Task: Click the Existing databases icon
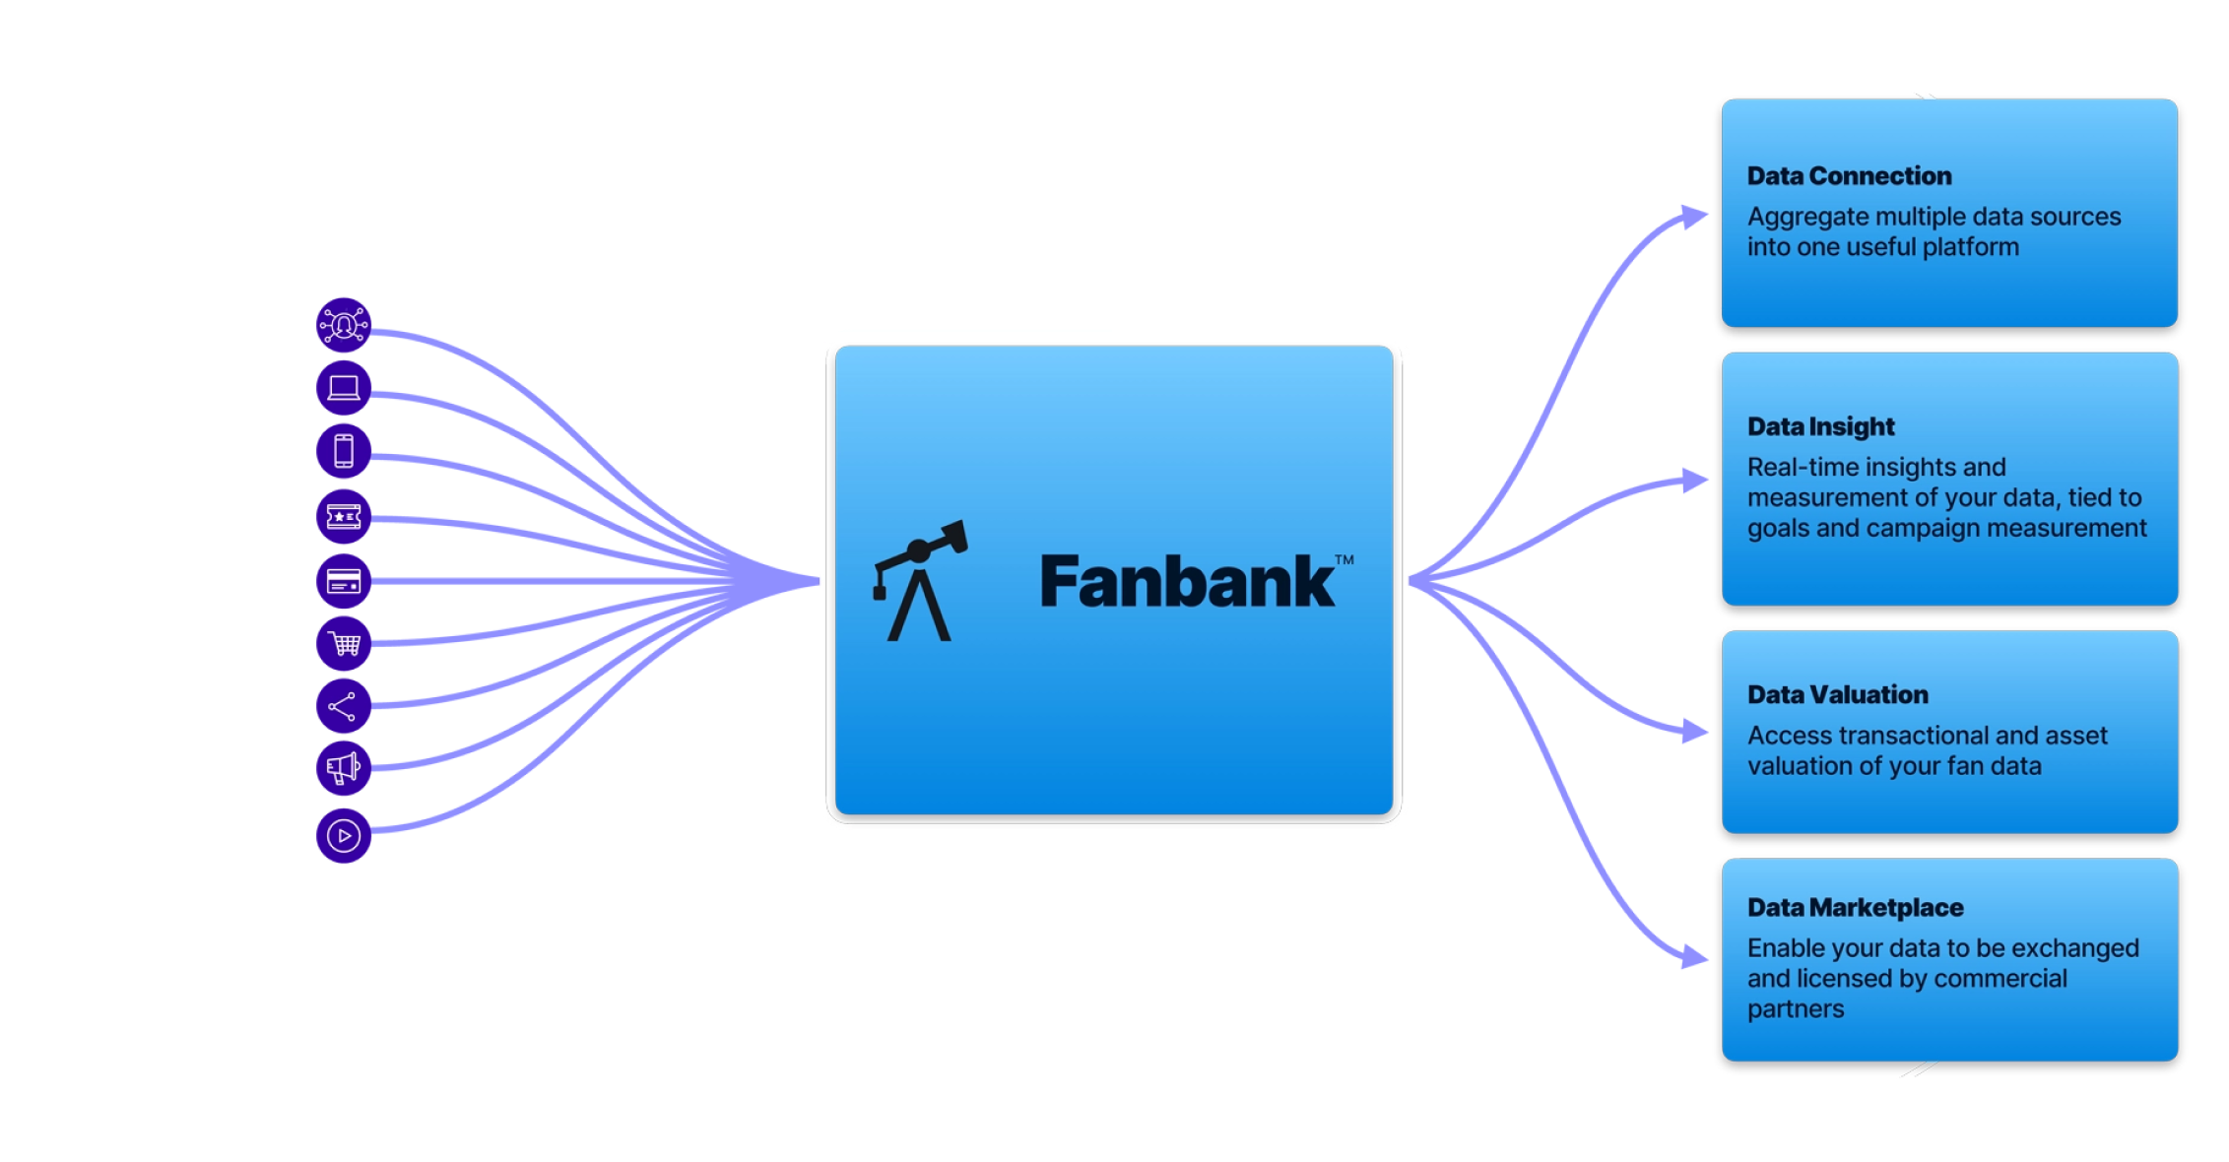click(x=343, y=324)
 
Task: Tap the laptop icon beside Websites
click(x=343, y=388)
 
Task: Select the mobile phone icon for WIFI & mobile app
click(x=343, y=451)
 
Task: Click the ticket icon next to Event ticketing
click(x=343, y=516)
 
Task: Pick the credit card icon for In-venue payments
click(x=343, y=581)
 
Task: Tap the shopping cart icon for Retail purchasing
click(x=343, y=644)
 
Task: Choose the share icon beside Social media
click(x=343, y=706)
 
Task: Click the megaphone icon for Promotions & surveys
click(x=343, y=768)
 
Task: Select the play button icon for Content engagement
click(x=343, y=836)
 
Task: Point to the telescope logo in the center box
click(x=920, y=581)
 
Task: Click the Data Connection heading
click(x=1849, y=176)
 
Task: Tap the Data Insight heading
click(x=1820, y=426)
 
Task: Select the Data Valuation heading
click(x=1837, y=694)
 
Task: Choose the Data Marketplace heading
click(x=1855, y=907)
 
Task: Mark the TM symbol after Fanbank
click(x=1344, y=559)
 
